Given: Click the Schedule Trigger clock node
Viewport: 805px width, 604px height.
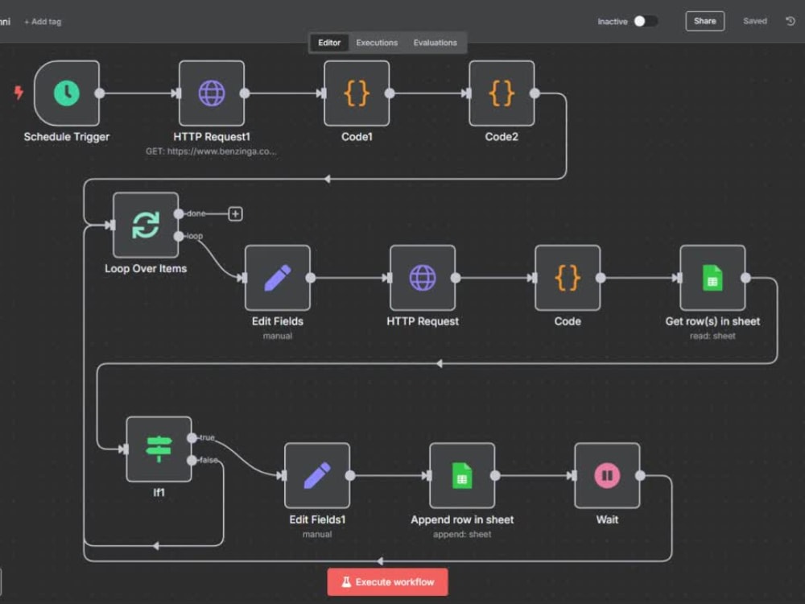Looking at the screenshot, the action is pos(67,93).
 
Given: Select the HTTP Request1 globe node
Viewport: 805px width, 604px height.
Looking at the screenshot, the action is pos(212,93).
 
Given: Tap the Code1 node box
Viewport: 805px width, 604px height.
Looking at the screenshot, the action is pos(357,93).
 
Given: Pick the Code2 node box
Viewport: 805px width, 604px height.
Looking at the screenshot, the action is pos(502,93).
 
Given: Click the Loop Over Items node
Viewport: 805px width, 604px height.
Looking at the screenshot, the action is pos(146,225).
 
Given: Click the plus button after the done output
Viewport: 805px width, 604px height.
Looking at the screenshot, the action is pos(235,213).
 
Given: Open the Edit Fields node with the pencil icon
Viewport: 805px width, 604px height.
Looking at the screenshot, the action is pos(278,278).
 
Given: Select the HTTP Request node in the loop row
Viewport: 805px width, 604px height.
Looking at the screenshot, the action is pos(423,278).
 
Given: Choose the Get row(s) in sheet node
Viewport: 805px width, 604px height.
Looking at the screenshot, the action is pos(712,278).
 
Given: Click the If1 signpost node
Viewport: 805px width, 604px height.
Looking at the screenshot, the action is pos(159,449).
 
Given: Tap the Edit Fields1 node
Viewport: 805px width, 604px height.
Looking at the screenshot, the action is pos(317,476).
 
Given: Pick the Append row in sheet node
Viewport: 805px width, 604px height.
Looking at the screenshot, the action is pos(462,476).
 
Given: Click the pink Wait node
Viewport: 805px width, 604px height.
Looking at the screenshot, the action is pos(607,476).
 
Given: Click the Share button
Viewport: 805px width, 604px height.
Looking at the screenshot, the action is pos(705,21).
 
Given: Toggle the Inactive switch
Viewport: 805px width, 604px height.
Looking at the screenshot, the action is pos(646,21).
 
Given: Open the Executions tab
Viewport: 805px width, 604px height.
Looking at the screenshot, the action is pos(377,43).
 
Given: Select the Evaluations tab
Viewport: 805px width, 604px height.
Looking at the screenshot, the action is pos(435,43).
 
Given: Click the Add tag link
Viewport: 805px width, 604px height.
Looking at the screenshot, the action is pos(43,22).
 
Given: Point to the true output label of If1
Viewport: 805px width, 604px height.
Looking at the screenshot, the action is pos(207,437).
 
